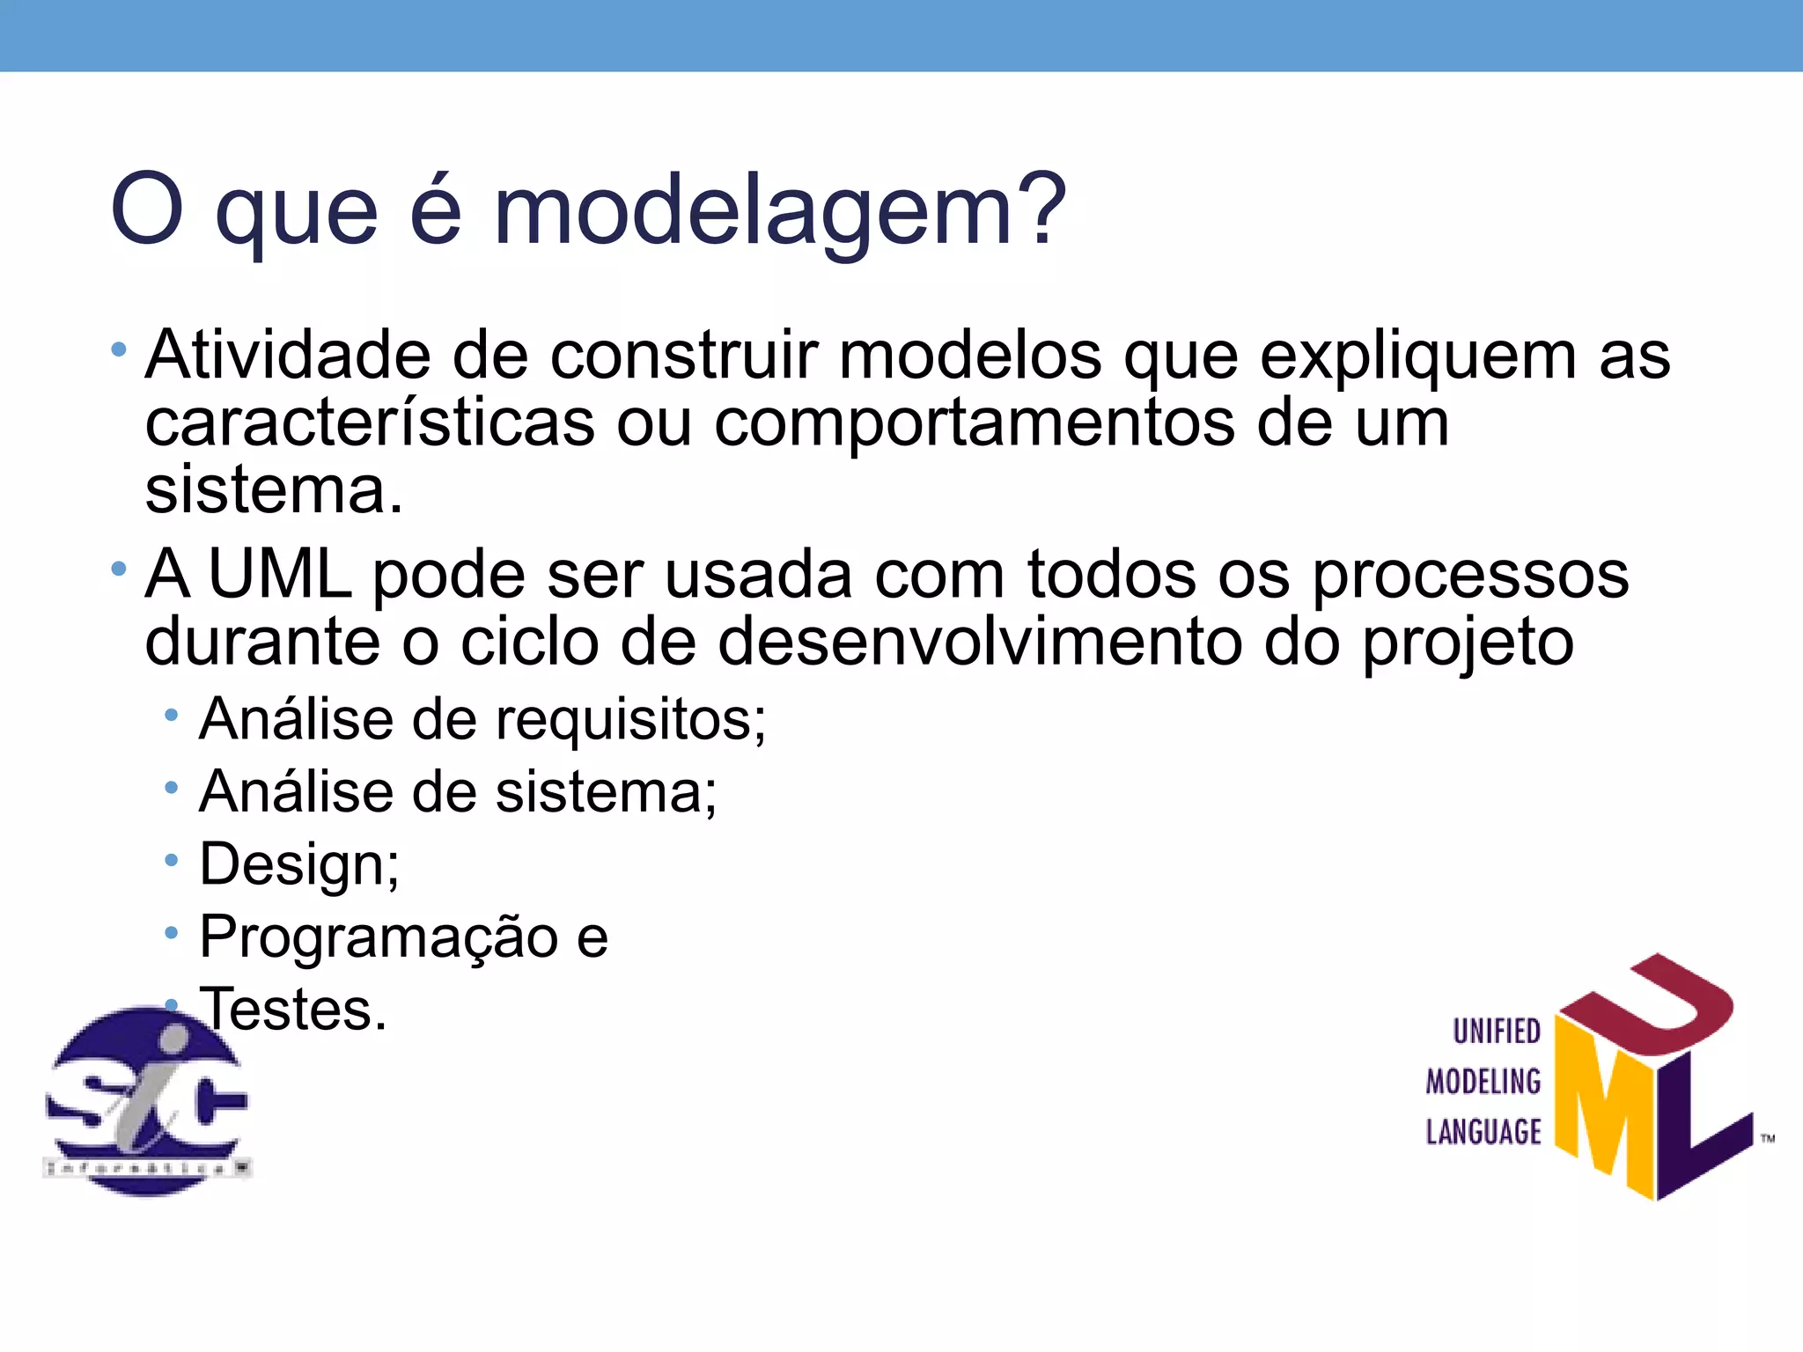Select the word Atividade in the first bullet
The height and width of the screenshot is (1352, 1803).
tap(289, 356)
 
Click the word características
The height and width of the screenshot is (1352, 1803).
tap(370, 423)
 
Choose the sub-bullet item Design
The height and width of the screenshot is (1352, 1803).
tap(299, 865)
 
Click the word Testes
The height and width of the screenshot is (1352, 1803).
tap(294, 1009)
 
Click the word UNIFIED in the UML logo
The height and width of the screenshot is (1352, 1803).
tap(1496, 1032)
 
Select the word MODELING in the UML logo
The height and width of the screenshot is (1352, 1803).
tap(1483, 1082)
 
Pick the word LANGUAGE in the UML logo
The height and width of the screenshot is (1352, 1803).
tap(1483, 1132)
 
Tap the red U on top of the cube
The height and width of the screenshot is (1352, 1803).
tap(1655, 1003)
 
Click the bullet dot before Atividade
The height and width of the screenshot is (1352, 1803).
tap(119, 351)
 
